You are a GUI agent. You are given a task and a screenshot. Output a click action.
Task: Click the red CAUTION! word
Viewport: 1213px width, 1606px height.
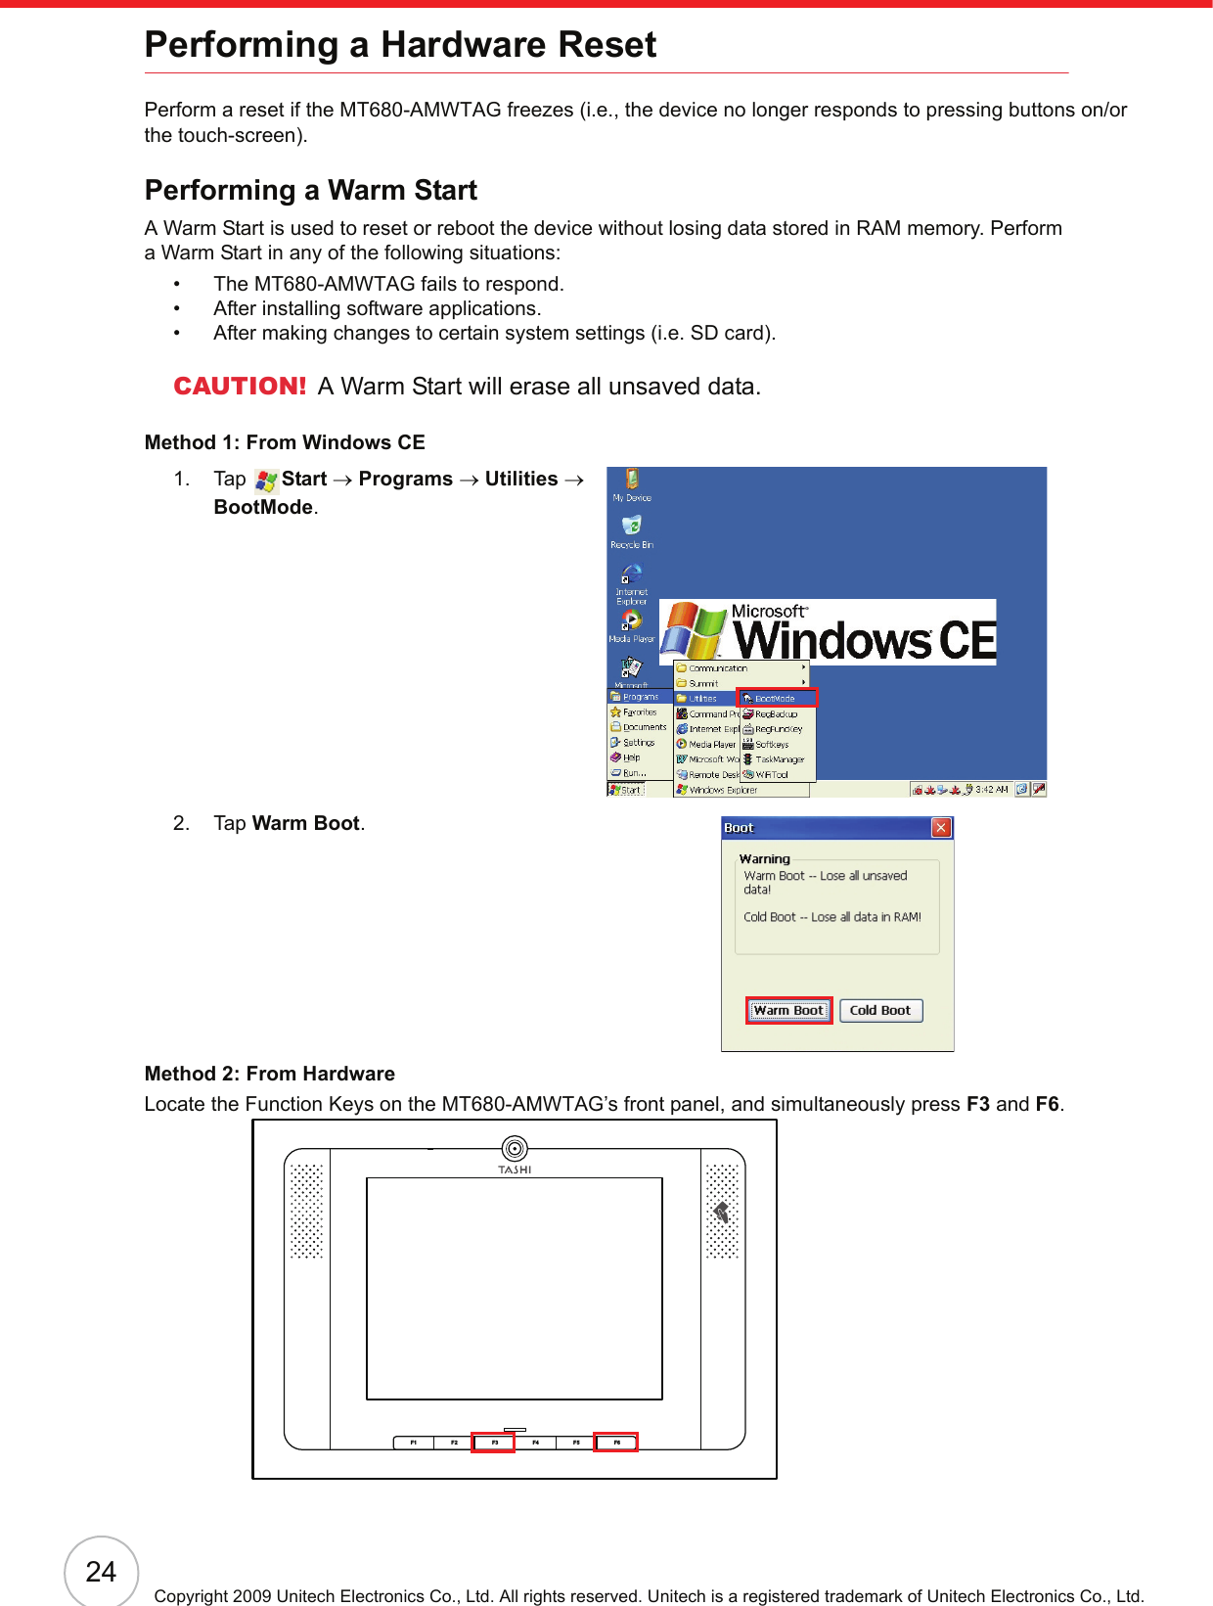(240, 387)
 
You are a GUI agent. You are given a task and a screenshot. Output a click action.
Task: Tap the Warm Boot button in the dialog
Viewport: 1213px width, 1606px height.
(788, 1011)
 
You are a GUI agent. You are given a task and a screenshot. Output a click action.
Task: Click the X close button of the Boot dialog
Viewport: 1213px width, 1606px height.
(941, 828)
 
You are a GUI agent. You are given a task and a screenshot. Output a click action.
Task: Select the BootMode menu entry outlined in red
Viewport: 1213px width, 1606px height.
(777, 698)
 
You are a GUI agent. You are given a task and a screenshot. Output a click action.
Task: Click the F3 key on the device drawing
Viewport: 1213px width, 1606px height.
(494, 1443)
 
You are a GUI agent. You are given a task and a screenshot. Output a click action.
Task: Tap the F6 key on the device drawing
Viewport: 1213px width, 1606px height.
(616, 1443)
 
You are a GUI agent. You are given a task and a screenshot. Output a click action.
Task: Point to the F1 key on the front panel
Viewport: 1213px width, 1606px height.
(413, 1443)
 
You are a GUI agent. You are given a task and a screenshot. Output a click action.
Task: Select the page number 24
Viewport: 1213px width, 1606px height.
(101, 1572)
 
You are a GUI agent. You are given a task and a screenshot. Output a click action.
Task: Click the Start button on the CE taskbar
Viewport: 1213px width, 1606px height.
(626, 790)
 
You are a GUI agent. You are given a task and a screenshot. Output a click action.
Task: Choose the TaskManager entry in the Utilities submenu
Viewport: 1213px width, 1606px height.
(779, 759)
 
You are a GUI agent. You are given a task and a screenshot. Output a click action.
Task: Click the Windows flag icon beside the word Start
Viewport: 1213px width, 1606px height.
(265, 481)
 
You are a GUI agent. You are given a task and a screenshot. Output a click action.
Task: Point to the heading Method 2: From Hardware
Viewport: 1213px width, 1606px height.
(269, 1074)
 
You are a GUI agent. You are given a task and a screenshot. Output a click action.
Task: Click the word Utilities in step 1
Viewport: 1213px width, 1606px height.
(521, 480)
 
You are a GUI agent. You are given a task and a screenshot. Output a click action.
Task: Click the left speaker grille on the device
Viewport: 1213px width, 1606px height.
(306, 1211)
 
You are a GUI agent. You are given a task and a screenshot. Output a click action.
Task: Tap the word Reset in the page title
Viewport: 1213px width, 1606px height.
(606, 45)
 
